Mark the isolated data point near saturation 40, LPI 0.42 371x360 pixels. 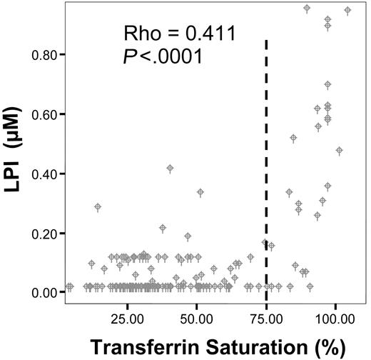[x=170, y=169]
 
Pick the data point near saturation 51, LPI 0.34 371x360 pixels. [x=200, y=192]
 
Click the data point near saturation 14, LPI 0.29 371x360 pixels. [x=98, y=207]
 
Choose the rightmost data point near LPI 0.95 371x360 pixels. [x=347, y=11]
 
